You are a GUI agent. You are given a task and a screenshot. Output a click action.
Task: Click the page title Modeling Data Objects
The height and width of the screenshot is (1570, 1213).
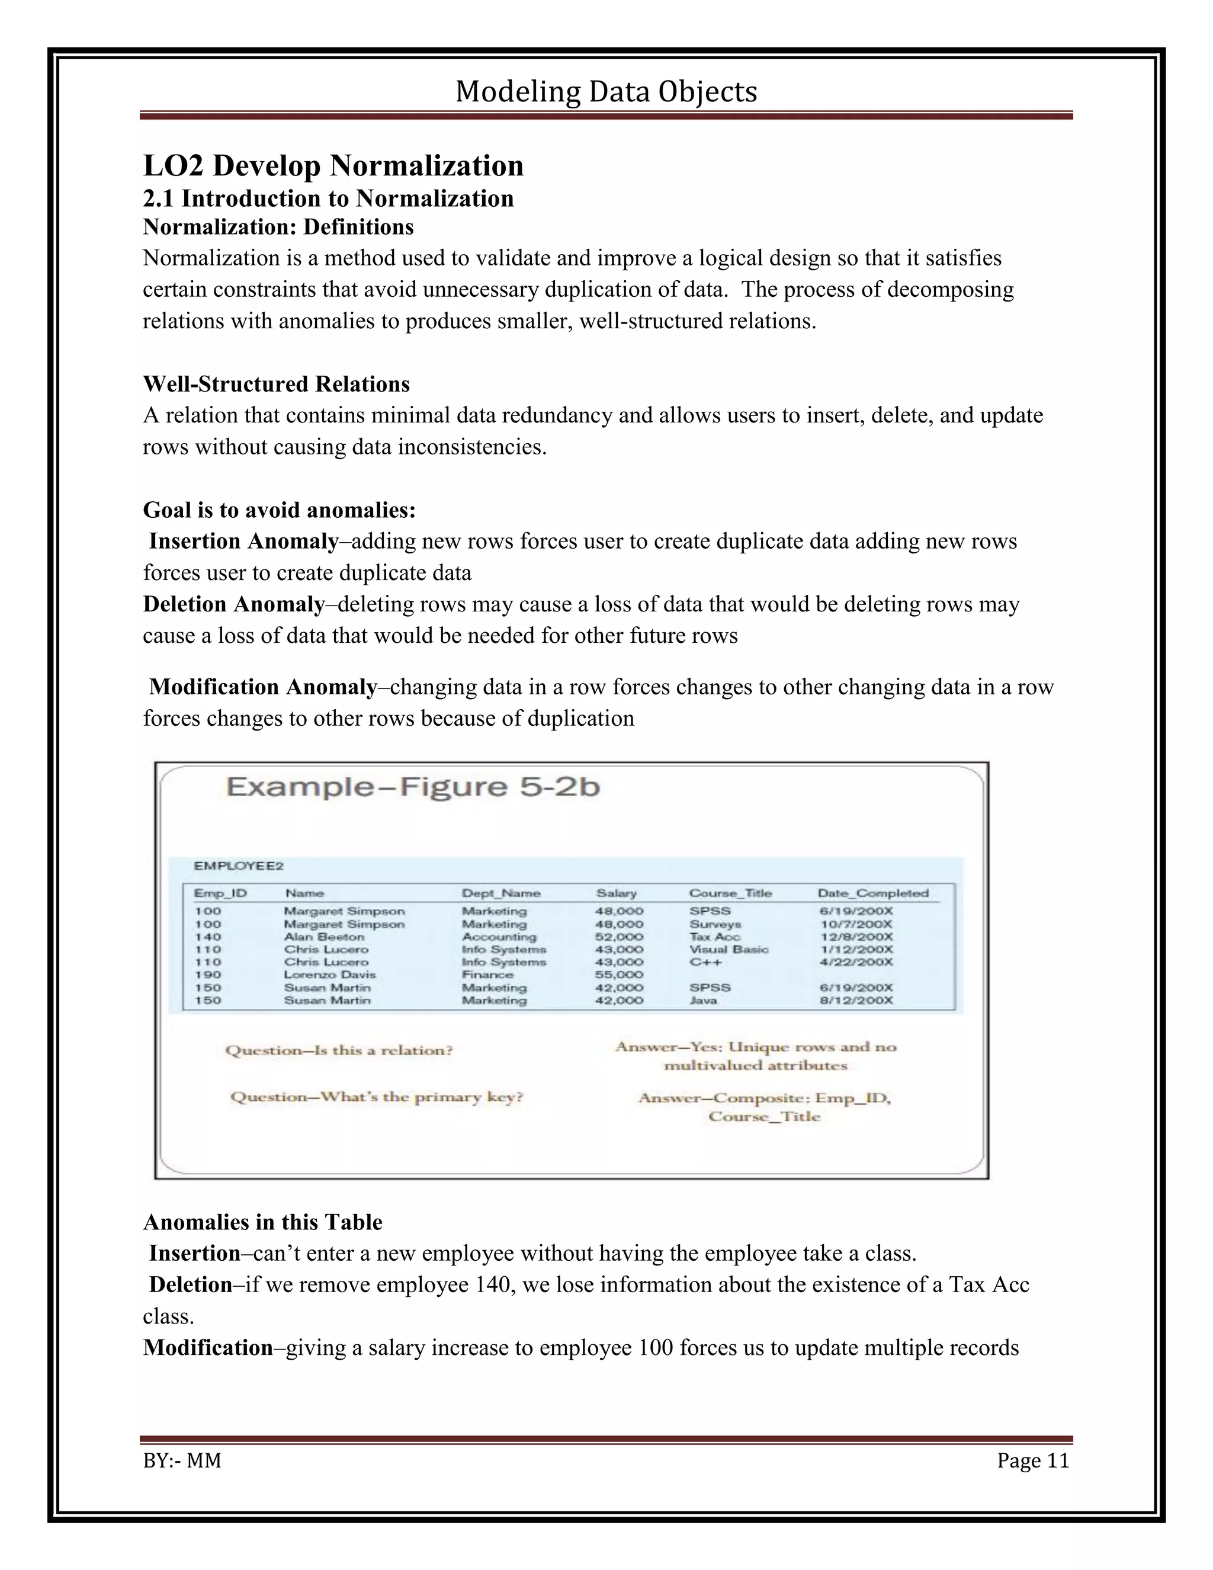coord(606,92)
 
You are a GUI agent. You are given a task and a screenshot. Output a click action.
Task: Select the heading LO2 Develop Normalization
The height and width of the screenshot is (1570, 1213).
coord(333,166)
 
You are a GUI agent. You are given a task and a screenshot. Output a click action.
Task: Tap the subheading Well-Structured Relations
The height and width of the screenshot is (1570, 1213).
coord(276,384)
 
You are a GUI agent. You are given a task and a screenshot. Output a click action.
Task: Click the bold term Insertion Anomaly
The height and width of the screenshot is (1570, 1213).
coord(243,542)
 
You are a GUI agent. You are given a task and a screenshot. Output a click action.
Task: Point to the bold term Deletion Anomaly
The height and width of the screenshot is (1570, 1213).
coord(233,604)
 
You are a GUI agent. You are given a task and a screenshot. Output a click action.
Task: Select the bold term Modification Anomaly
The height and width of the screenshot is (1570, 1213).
coord(262,687)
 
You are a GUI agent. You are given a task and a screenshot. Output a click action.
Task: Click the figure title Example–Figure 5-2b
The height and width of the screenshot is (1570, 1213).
coord(413,787)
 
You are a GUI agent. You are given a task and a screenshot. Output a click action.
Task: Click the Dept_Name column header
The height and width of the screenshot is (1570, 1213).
coord(501,893)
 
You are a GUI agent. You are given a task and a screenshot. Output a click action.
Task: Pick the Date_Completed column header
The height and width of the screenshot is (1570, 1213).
coord(873,893)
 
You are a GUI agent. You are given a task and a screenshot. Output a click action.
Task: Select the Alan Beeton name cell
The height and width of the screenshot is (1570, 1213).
coord(323,937)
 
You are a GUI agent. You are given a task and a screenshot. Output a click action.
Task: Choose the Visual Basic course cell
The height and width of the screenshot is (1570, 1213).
coord(729,950)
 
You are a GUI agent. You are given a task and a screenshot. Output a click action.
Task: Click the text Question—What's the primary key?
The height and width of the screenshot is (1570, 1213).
coord(377,1097)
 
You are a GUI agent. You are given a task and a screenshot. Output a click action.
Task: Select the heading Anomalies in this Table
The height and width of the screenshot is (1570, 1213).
coord(262,1222)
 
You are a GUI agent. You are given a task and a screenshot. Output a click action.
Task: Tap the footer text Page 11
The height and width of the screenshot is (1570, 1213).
coord(1032,1461)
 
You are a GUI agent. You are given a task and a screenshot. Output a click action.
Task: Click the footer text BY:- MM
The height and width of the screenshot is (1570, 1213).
coord(182,1461)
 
